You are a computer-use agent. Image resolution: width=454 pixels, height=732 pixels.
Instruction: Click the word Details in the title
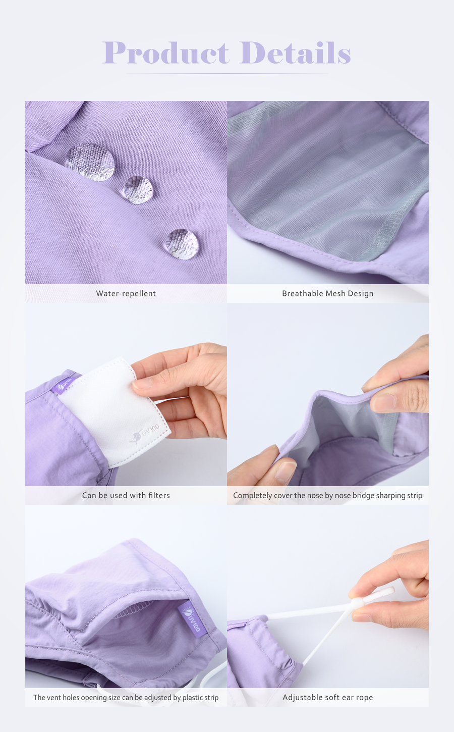pyautogui.click(x=295, y=53)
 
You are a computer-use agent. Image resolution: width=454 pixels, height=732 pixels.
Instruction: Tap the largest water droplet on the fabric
pyautogui.click(x=89, y=162)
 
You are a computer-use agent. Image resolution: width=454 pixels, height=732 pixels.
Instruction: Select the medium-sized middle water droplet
pyautogui.click(x=138, y=189)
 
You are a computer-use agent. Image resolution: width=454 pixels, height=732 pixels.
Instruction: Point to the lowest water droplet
pyautogui.click(x=181, y=244)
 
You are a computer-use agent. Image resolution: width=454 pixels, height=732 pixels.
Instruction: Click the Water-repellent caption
pyautogui.click(x=126, y=293)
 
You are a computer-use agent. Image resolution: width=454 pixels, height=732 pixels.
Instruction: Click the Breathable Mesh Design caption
pyautogui.click(x=327, y=293)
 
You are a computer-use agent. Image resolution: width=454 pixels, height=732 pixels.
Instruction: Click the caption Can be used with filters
pyautogui.click(x=126, y=495)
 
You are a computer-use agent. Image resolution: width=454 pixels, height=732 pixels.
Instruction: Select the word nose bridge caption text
pyautogui.click(x=327, y=495)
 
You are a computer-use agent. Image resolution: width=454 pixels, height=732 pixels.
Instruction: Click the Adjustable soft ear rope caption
pyautogui.click(x=327, y=697)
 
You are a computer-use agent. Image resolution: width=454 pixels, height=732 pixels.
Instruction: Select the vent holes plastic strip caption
pyautogui.click(x=126, y=697)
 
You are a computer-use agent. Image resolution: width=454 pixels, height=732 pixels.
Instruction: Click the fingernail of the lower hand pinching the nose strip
pyautogui.click(x=285, y=471)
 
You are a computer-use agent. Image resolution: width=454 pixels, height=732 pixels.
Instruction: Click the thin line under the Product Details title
pyautogui.click(x=227, y=74)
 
